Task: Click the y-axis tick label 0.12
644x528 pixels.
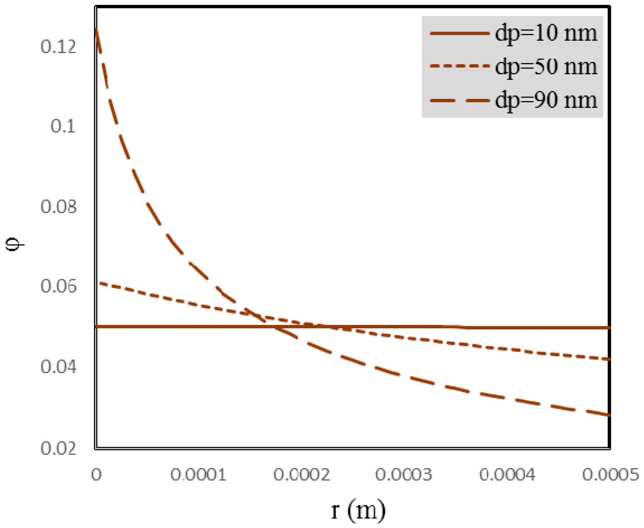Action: (59, 47)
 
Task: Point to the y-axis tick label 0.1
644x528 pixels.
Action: (63, 126)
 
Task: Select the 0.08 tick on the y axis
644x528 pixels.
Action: (59, 207)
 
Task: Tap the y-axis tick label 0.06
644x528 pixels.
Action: (59, 286)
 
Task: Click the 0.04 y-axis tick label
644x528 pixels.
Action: (59, 367)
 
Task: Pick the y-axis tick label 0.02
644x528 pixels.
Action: (59, 447)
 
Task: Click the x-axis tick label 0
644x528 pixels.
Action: (96, 475)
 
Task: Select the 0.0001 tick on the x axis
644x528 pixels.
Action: (199, 475)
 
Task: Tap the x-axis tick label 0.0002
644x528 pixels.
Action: (302, 475)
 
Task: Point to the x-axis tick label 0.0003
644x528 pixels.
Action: (404, 475)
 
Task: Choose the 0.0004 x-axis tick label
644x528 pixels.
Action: (508, 475)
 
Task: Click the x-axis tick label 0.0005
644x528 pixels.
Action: (611, 475)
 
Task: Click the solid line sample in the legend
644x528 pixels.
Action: (459, 34)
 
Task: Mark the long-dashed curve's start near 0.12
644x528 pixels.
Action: (97, 29)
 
